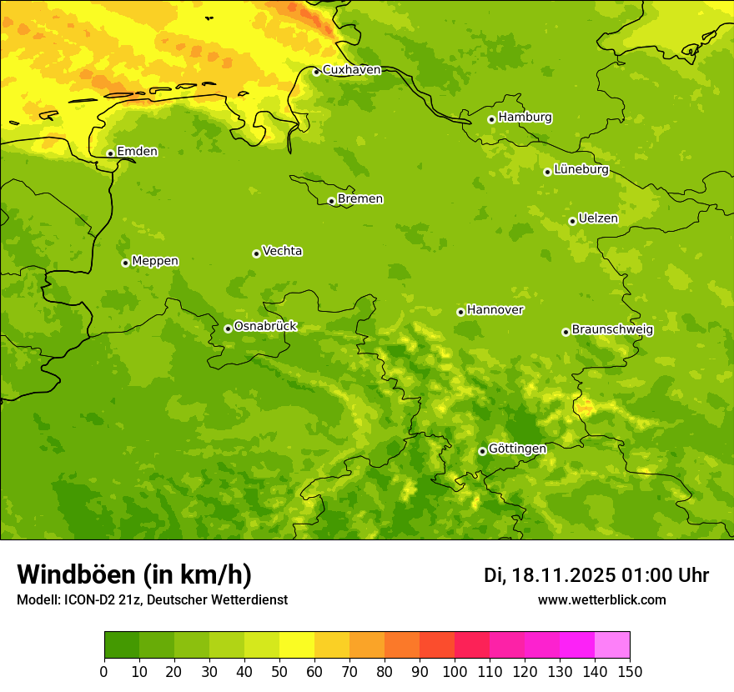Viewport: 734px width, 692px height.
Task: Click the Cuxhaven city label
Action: tap(351, 70)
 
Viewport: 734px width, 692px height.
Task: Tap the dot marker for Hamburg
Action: tap(491, 119)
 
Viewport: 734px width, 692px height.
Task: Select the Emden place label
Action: tap(137, 151)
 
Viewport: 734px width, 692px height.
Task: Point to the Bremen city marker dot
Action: tap(331, 201)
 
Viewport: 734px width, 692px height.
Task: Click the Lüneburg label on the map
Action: tap(581, 169)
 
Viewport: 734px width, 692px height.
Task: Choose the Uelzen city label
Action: tap(598, 218)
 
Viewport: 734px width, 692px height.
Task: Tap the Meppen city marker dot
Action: tap(125, 263)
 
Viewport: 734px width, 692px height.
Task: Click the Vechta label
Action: tap(282, 251)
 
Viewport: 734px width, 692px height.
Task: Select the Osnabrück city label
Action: tap(265, 326)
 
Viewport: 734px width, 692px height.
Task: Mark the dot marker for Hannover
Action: tap(460, 312)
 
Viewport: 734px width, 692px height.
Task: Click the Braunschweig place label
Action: tap(612, 329)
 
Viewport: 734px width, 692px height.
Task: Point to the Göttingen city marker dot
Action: tap(482, 451)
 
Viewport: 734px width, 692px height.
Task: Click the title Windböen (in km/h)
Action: tap(134, 574)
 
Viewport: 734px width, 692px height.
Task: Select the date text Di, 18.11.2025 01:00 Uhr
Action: tap(596, 575)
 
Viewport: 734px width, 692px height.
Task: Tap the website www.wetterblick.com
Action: tap(601, 600)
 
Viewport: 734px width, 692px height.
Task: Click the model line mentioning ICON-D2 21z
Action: tap(152, 600)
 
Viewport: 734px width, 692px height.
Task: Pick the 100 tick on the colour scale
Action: tap(455, 671)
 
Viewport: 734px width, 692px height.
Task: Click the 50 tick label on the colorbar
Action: tap(279, 671)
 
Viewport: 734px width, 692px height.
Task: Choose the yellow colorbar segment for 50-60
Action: tap(297, 645)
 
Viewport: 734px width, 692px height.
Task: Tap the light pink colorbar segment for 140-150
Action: tap(612, 645)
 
